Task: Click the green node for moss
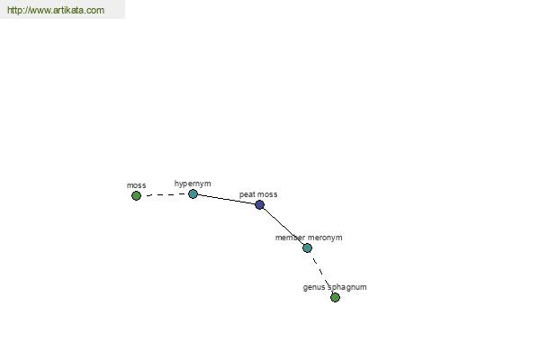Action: (x=137, y=195)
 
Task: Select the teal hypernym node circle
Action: (x=193, y=194)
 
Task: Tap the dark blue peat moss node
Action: (x=260, y=205)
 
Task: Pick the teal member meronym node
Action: (x=307, y=247)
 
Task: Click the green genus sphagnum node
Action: (x=335, y=297)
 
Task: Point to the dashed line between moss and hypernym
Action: (x=165, y=194)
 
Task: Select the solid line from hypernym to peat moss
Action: (x=226, y=200)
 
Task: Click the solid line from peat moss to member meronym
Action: (x=283, y=226)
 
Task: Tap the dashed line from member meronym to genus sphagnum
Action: (x=321, y=273)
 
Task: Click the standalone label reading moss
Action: (x=137, y=185)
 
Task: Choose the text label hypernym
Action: (x=193, y=184)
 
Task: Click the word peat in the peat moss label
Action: (x=247, y=194)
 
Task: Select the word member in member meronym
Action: (x=290, y=238)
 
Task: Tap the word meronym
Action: (x=325, y=238)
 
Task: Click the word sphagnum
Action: (x=347, y=287)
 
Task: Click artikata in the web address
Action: (x=68, y=10)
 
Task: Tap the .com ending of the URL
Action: (x=94, y=11)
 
